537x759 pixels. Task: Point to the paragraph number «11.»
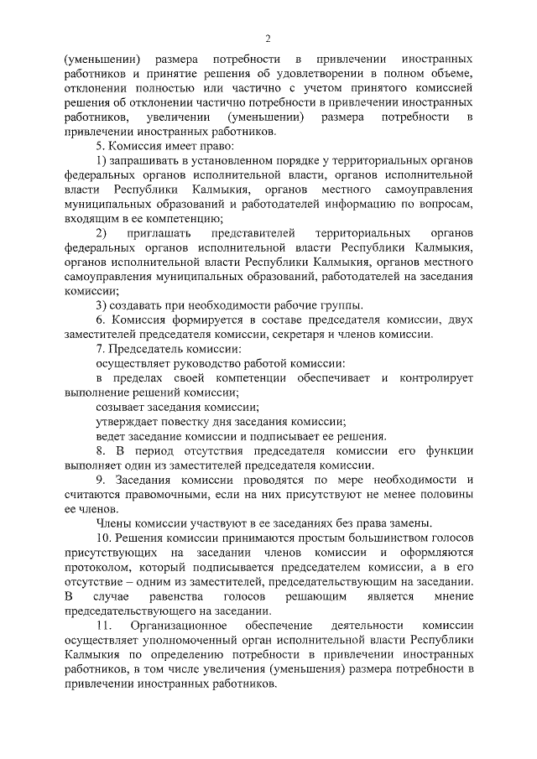105,626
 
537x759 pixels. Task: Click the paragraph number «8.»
101,450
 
